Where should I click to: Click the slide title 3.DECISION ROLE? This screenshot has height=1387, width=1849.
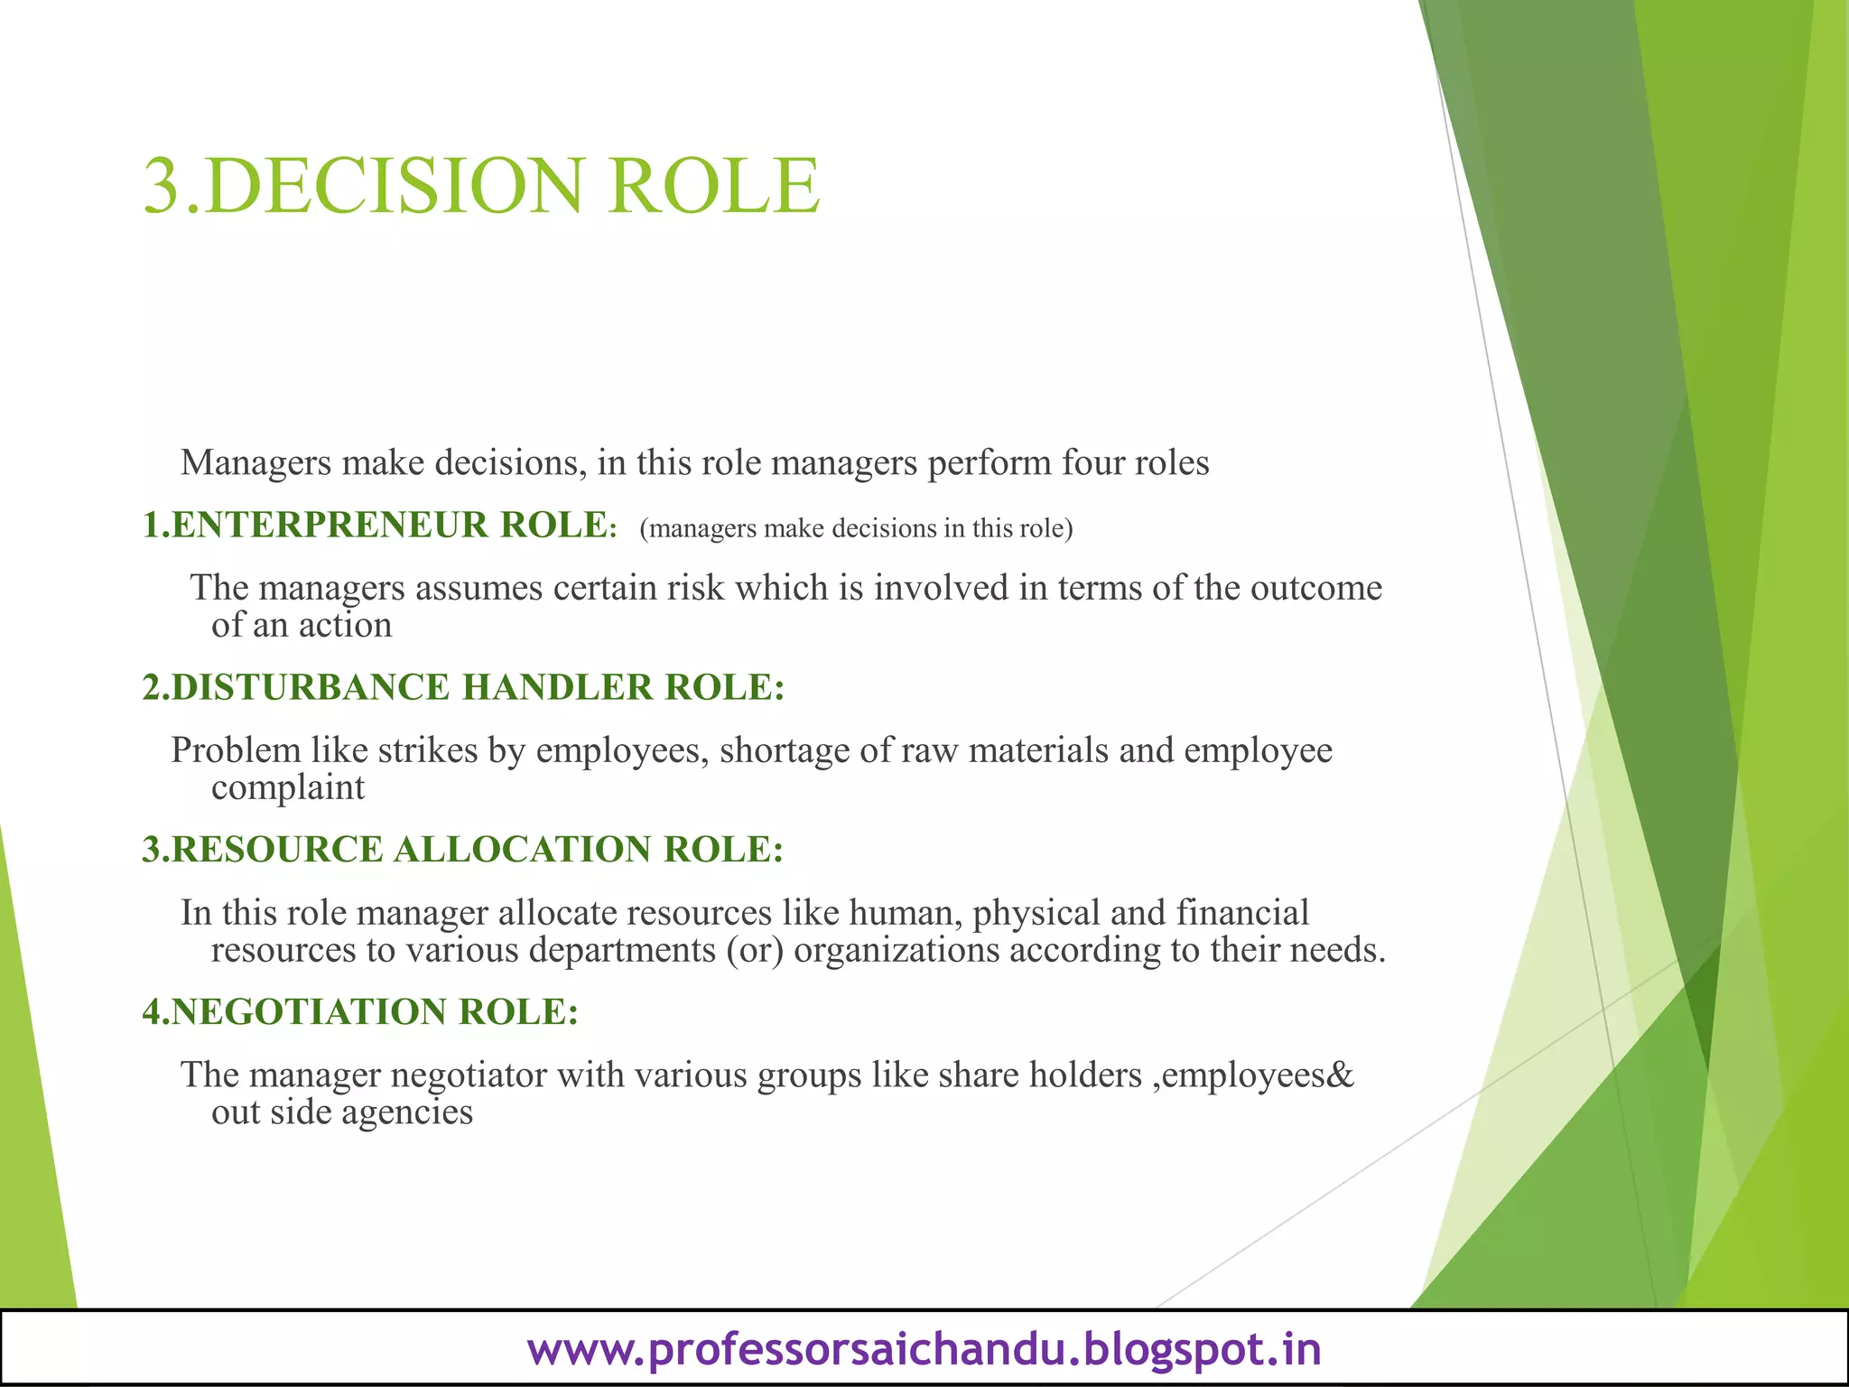(481, 186)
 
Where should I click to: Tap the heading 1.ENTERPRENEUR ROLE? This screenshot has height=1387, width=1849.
(379, 526)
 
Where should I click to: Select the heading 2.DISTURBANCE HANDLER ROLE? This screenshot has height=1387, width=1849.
(463, 688)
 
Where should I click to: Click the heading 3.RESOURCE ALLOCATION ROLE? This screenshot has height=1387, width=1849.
(462, 850)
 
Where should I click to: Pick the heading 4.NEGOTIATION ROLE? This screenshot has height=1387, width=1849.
(360, 1012)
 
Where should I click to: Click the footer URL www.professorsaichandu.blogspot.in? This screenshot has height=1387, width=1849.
(924, 1349)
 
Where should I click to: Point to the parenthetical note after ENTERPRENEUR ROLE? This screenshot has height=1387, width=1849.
(856, 528)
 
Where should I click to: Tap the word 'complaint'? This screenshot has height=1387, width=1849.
(288, 788)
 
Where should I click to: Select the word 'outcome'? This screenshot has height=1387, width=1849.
(1315, 589)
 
